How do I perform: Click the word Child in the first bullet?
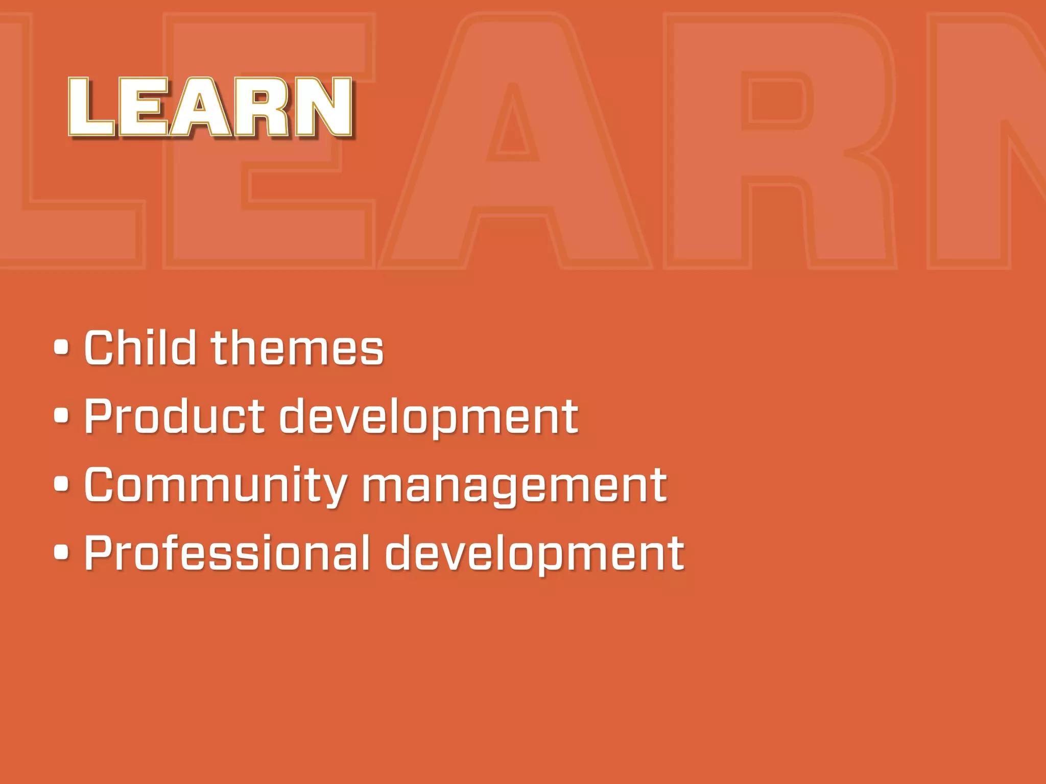pyautogui.click(x=140, y=348)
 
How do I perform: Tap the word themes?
pyautogui.click(x=297, y=348)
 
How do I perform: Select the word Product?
pyautogui.click(x=174, y=416)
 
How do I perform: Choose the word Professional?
pyautogui.click(x=227, y=553)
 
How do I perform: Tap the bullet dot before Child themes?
pyautogui.click(x=61, y=348)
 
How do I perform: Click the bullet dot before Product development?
pyautogui.click(x=61, y=415)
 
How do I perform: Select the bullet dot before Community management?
pyautogui.click(x=61, y=484)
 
